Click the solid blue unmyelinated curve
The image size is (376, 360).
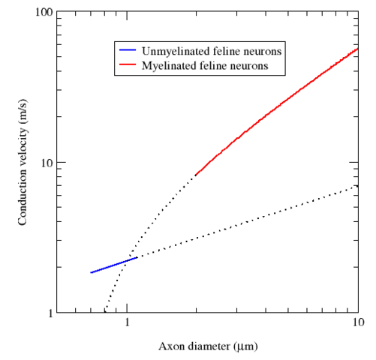click(x=113, y=265)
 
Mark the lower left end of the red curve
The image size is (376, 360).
click(x=195, y=175)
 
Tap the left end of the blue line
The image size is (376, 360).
click(x=91, y=273)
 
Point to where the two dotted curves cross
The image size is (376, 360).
click(x=125, y=261)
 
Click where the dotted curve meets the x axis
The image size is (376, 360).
click(x=104, y=312)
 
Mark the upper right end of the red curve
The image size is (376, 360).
click(x=357, y=49)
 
